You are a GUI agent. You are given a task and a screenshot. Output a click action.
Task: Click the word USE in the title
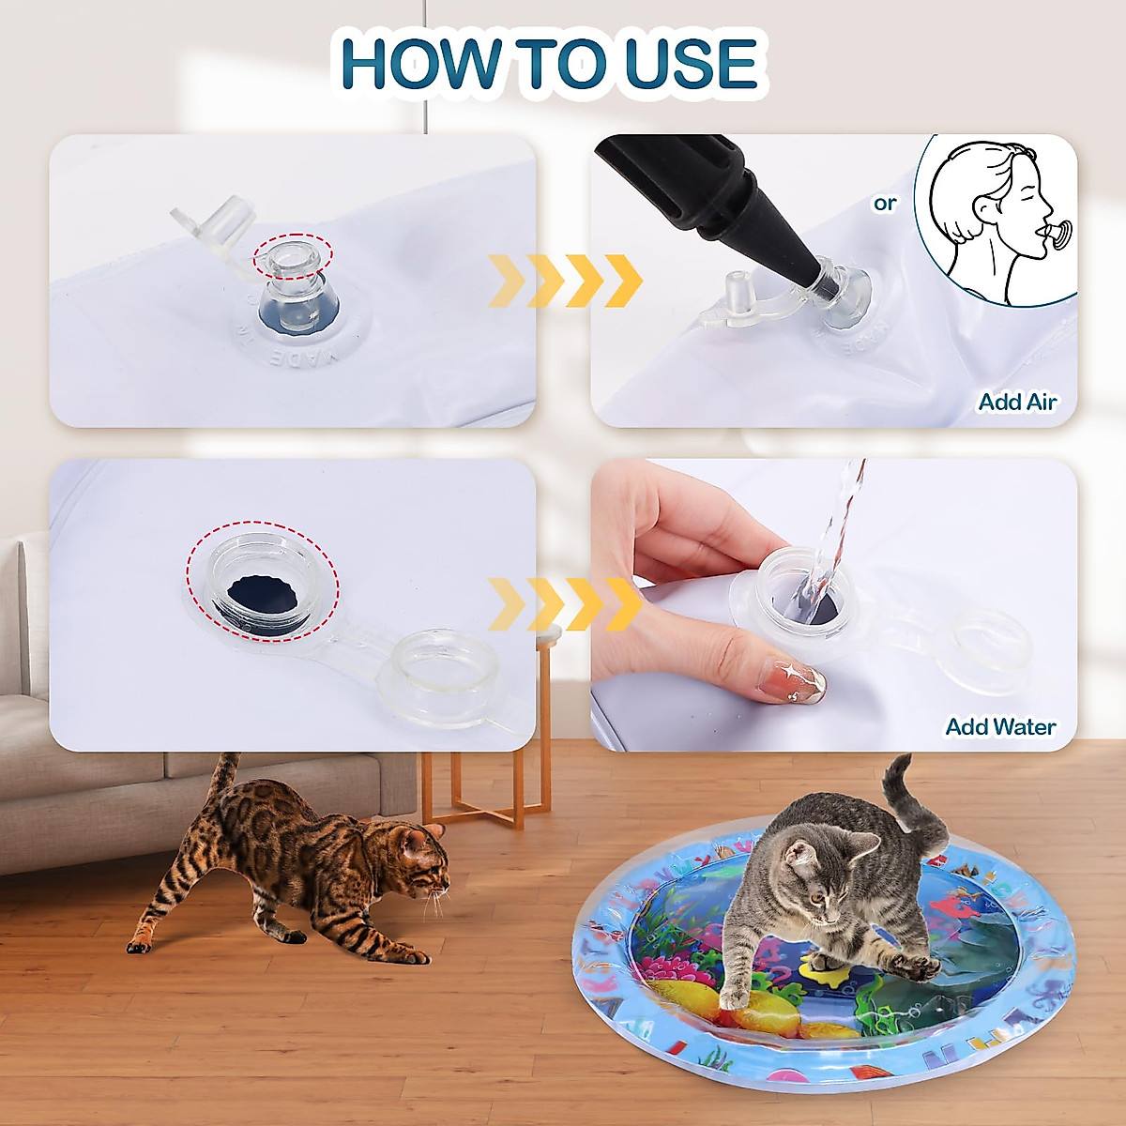coord(690,64)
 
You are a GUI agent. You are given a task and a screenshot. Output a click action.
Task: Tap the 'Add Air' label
coord(1017,402)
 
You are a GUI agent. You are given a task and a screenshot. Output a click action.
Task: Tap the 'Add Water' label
coord(1000,727)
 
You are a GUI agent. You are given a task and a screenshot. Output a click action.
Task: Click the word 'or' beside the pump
coord(885,203)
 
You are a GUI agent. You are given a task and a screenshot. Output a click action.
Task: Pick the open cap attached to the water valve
coord(436,676)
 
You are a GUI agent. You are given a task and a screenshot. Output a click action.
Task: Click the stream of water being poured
coord(835,525)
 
